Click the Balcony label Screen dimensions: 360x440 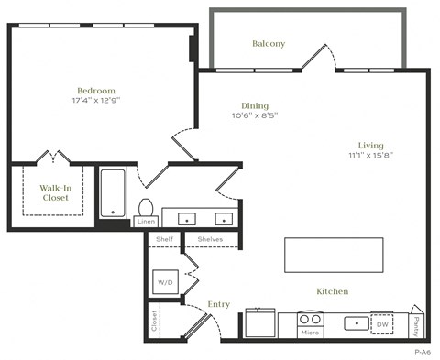click(269, 43)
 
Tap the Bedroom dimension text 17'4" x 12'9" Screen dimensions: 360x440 click(95, 103)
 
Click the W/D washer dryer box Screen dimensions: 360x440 click(166, 281)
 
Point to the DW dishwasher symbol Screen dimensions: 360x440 click(382, 323)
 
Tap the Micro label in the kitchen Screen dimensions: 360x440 click(310, 332)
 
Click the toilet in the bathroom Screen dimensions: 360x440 click(146, 207)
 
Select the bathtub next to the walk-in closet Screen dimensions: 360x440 click(113, 193)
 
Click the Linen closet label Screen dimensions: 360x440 click(146, 222)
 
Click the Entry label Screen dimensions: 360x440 click(219, 304)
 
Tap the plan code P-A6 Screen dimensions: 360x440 click(422, 352)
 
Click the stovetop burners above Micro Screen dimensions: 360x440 click(310, 320)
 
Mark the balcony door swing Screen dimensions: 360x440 click(321, 57)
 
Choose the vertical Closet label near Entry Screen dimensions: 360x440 click(153, 323)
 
